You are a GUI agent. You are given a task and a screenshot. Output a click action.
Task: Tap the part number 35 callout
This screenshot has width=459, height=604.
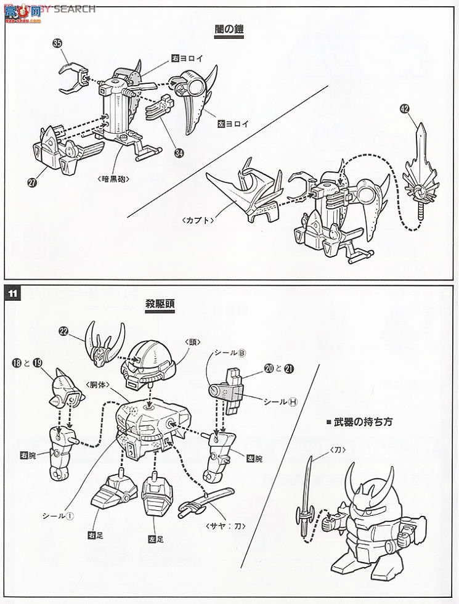(x=58, y=44)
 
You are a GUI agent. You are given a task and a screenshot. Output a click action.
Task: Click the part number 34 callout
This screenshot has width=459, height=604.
(x=179, y=153)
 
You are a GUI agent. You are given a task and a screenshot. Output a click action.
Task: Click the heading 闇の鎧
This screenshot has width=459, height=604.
(x=226, y=30)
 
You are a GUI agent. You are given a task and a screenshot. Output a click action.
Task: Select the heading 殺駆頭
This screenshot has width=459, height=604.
(x=155, y=304)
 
